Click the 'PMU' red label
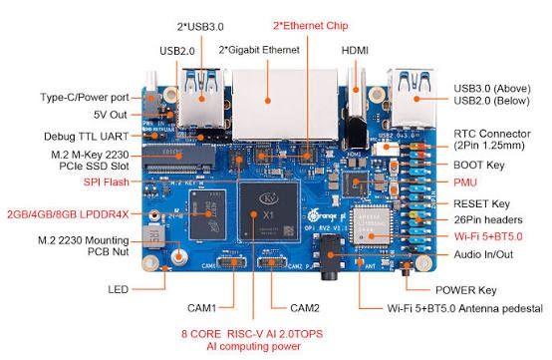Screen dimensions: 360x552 466,182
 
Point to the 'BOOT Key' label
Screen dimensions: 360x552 478,164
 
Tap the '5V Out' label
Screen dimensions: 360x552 115,113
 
